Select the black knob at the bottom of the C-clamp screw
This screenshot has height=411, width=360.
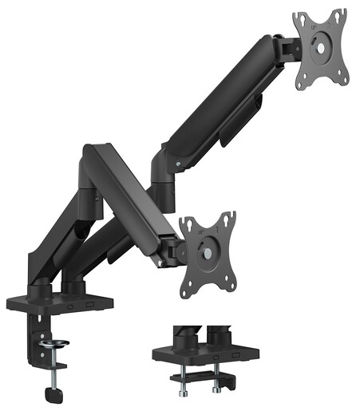(53, 393)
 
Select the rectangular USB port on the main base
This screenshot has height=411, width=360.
(72, 305)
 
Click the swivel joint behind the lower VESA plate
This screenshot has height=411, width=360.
(170, 254)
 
